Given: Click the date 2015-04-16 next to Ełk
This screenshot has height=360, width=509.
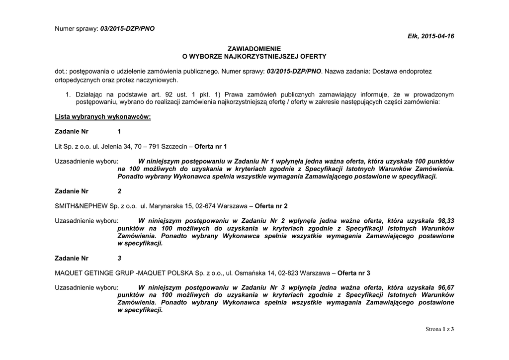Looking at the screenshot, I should point(438,36).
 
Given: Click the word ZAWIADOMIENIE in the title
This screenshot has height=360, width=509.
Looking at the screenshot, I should point(254,49).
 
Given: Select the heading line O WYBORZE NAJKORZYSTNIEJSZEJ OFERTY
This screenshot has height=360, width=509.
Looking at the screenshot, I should point(254,57).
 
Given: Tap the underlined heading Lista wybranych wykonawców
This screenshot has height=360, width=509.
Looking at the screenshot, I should point(102,116).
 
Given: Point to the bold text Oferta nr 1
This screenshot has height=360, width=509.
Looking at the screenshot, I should point(210,146).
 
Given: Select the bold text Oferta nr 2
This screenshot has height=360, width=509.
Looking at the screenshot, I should point(271,206).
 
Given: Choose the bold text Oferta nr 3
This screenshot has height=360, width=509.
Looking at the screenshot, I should point(354,273).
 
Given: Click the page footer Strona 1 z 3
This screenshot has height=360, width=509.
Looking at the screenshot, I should point(440,329).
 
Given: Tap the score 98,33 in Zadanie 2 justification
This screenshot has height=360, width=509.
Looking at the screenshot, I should point(444,221).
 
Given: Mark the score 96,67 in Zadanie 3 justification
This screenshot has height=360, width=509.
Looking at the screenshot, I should point(444,288).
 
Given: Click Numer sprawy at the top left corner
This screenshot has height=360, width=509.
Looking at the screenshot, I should point(76,28).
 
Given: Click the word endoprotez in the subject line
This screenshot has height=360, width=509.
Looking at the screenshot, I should point(416,72).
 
